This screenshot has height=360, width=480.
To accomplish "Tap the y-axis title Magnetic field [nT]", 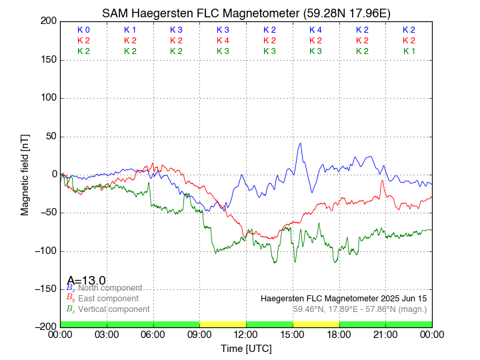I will [25, 173].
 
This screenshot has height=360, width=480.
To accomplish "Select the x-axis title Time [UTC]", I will [246, 348].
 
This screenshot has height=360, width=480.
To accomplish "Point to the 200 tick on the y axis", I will [49, 21].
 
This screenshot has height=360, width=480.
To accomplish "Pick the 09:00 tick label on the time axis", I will [199, 335].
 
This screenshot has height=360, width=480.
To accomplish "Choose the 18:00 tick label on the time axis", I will [339, 335].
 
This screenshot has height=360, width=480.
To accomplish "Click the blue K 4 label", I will [315, 30].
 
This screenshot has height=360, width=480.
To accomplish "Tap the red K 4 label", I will [223, 41].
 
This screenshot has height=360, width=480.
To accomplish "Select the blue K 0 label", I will [83, 30].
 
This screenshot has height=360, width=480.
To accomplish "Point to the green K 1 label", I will [409, 51].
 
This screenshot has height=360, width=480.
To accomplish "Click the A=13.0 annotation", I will [87, 281].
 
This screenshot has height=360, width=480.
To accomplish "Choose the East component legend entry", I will [108, 299].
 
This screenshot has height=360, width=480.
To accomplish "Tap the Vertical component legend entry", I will [113, 309].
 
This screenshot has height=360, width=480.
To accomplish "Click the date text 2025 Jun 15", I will [400, 299].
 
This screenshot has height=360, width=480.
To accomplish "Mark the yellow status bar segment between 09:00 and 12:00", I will [223, 324].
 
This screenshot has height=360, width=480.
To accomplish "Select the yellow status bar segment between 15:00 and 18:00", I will [315, 324].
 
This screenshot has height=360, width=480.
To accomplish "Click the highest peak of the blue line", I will [301, 143].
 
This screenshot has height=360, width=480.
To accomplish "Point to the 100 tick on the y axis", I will [49, 98].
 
